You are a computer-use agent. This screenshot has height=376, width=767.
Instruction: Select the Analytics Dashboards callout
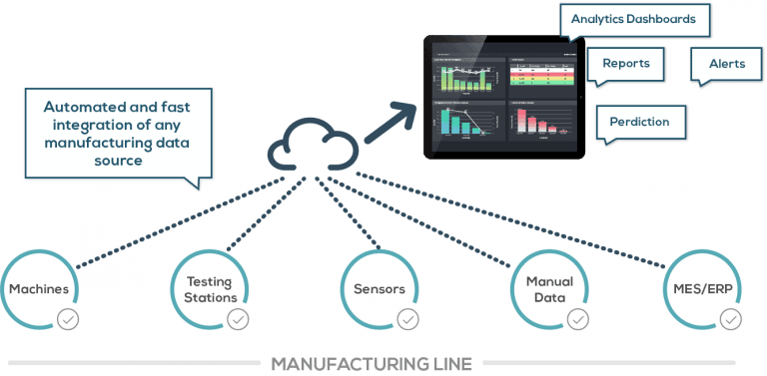point(634,19)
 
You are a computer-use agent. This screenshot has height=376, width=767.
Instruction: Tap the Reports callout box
point(625,63)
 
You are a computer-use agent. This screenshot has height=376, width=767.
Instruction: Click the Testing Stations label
point(209,289)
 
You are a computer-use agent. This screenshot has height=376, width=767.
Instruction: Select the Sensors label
point(380,289)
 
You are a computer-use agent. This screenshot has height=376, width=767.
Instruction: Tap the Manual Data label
point(548,289)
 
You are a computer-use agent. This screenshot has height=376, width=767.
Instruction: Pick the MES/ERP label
point(716,289)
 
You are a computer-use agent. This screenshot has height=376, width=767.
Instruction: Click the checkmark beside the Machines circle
point(68,320)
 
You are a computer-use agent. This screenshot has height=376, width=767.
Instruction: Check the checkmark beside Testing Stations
point(238,320)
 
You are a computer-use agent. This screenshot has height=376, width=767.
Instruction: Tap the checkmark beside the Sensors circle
point(407,320)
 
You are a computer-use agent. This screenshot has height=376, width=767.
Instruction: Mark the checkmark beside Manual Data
point(576,320)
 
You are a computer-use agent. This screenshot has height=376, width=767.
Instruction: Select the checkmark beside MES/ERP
point(732,320)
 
